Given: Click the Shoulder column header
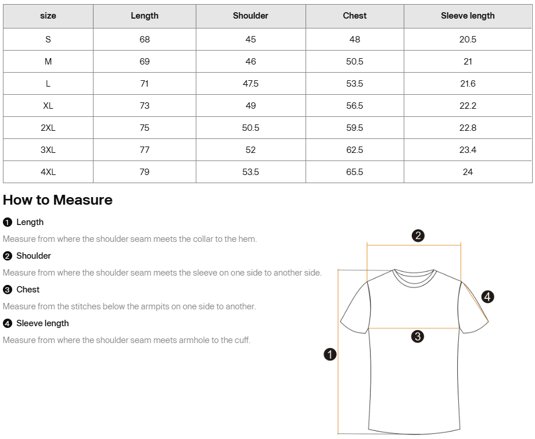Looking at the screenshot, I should [250, 16].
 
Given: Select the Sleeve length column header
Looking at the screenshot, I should [468, 16].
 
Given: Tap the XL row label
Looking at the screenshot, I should [48, 105].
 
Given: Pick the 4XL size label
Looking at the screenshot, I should [48, 172].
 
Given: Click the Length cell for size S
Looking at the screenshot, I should [145, 39].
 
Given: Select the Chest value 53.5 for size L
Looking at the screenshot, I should [354, 83].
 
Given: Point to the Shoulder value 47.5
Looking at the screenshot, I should [250, 83].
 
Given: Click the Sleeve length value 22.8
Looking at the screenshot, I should [468, 127].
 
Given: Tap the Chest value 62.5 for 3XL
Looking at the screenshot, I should [354, 149].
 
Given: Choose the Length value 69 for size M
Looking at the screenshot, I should [145, 61].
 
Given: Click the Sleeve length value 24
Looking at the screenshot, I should [468, 172].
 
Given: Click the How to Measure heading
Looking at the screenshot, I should [58, 200].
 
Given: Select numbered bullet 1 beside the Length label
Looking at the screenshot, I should [8, 222].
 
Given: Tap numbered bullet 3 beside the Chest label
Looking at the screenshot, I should [8, 290].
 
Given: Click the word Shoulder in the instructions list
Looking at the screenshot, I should [34, 256].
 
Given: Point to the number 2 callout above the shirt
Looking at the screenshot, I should [418, 235].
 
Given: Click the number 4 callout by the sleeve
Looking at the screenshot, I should [488, 297].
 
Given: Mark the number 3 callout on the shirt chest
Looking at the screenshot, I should [417, 336].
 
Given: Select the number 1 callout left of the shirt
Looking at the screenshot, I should [330, 354].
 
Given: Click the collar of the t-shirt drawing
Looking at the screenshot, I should [414, 277].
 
